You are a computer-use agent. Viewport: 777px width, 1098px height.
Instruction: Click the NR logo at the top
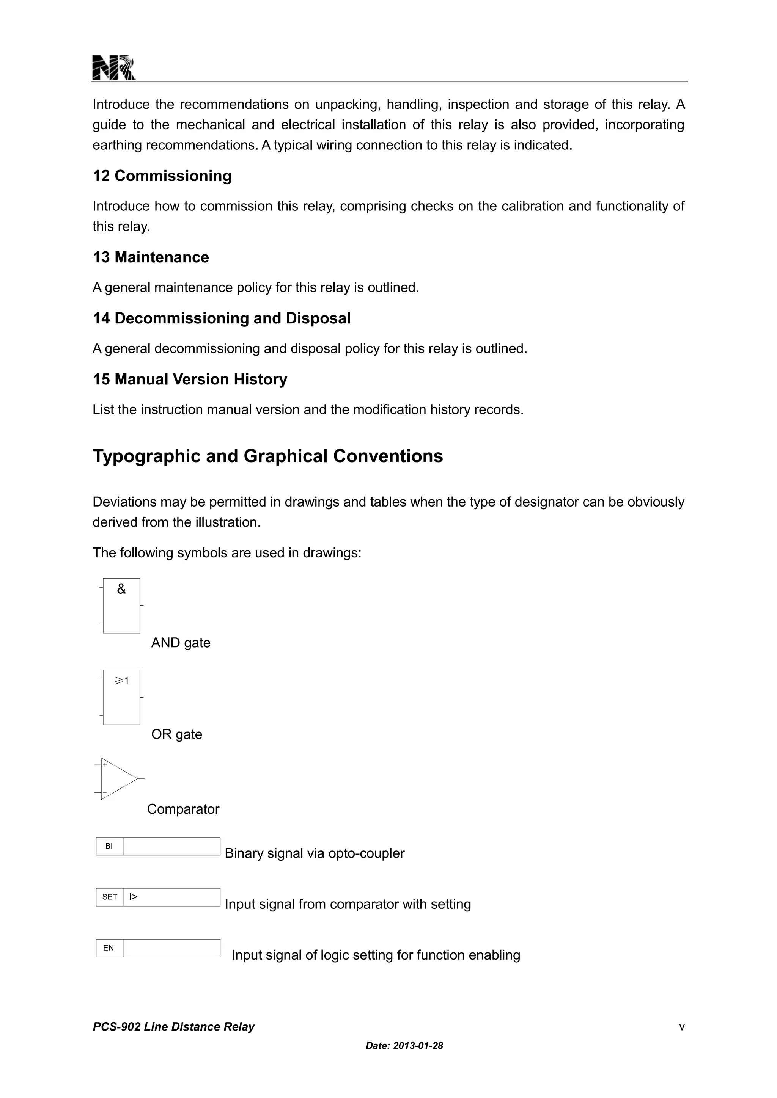pos(113,68)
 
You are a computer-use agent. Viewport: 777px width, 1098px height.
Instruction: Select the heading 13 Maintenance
pos(151,257)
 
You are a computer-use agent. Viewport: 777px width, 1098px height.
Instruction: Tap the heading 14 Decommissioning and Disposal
pos(222,318)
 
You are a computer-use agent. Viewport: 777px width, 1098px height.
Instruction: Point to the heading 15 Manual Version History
pos(190,380)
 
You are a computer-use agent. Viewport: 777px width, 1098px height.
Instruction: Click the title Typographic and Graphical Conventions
pos(267,456)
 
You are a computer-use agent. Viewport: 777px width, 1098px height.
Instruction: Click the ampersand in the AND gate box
pos(121,590)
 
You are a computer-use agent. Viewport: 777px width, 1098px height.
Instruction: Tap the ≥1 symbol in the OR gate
pos(121,681)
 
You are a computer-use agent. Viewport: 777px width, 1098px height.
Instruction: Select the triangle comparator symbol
pos(118,778)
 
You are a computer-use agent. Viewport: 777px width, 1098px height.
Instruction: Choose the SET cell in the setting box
pos(110,897)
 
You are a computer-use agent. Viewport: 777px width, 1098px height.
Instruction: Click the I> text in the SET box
pos(134,897)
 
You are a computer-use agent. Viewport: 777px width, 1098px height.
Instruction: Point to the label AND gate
pos(181,643)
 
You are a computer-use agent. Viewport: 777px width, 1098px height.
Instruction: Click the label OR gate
pos(176,734)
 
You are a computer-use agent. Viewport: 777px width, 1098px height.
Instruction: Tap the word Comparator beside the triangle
pos(183,809)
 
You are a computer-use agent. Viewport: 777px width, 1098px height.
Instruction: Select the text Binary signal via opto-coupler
pos(315,853)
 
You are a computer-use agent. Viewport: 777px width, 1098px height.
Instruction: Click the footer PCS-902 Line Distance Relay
pos(174,1027)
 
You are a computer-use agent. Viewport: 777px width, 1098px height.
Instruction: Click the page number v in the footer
pos(682,1027)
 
